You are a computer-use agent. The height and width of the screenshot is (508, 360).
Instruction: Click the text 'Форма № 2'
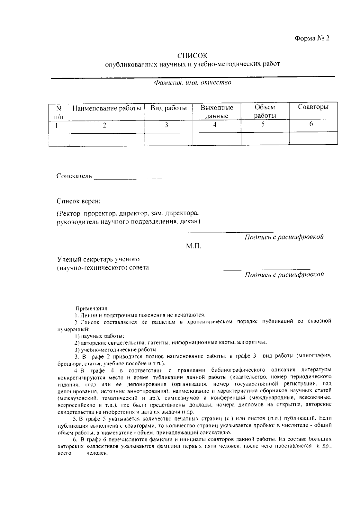point(312,38)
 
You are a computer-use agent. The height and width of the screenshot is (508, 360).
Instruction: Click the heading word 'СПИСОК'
point(192,56)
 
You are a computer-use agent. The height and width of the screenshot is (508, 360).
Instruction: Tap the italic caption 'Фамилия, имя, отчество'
point(192,82)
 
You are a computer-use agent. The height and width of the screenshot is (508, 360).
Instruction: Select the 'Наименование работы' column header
point(107,108)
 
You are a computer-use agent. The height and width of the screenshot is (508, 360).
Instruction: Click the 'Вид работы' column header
point(169,108)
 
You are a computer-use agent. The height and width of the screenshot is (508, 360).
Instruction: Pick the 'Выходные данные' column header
point(217,111)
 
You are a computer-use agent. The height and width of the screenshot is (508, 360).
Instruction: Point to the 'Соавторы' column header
point(313,107)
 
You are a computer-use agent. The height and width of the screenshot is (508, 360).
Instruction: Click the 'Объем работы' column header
point(265,111)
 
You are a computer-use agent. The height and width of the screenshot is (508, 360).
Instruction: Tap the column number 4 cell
point(215,125)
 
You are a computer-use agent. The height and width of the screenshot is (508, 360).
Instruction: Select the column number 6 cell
point(311,124)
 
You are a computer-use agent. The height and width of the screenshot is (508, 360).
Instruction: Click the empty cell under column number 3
point(169,138)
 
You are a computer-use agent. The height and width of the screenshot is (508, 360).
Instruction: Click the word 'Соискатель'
point(74,176)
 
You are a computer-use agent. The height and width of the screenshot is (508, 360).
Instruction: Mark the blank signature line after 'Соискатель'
point(128,179)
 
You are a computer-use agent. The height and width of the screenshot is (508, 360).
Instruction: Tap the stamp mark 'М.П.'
point(193,247)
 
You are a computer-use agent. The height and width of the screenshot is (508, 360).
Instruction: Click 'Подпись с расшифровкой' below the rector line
point(284,237)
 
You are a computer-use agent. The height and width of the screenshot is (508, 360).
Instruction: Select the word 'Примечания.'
point(92,308)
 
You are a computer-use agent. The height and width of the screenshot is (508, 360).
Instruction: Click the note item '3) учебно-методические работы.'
point(116,350)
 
